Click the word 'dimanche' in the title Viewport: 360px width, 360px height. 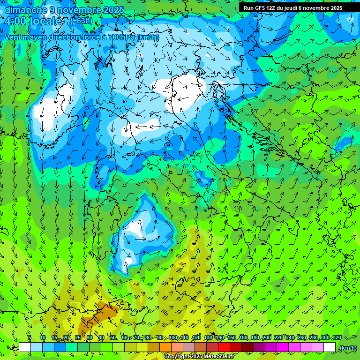pos(25,10)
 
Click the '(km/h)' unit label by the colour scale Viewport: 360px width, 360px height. pos(348,348)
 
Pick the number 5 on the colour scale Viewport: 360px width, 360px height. pos(30,337)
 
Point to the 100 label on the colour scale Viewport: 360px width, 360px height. pos(173,337)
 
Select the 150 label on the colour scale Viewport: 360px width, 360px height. pos(232,337)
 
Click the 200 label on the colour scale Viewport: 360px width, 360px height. pos(267,337)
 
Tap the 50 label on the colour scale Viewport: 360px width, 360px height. pos(113,337)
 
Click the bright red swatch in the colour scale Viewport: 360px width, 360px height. pos(224,347)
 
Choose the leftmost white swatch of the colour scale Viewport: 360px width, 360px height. pos(25,347)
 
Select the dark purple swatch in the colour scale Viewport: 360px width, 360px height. pos(259,347)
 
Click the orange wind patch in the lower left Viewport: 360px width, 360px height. pos(105,312)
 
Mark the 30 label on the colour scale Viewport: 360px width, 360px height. pos(90,337)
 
